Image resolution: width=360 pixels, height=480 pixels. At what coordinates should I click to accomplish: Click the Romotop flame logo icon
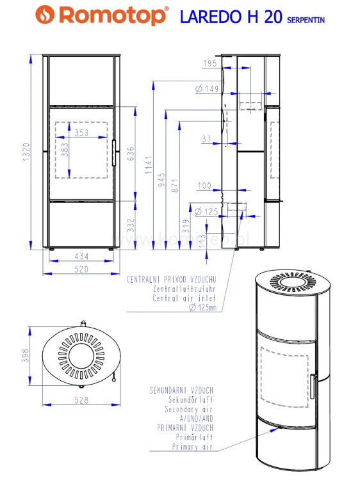pos(45,14)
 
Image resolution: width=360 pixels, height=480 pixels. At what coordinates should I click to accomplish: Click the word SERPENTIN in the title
pos(306,20)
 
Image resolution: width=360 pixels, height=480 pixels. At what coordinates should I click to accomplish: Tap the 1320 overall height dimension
pos(27,152)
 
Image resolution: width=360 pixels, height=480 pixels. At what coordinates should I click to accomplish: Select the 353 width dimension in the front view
pos(81,132)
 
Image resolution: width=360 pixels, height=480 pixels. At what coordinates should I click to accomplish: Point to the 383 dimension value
pos(65,150)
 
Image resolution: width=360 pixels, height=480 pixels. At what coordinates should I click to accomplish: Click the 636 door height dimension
pos(131,154)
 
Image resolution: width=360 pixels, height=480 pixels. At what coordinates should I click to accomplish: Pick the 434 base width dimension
pos(81,256)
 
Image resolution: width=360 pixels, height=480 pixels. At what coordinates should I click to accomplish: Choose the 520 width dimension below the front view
pos(81,269)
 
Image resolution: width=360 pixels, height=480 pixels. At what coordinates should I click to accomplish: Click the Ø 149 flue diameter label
pos(207,89)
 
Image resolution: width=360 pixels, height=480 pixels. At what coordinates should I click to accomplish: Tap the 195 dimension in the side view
pos(210,63)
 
